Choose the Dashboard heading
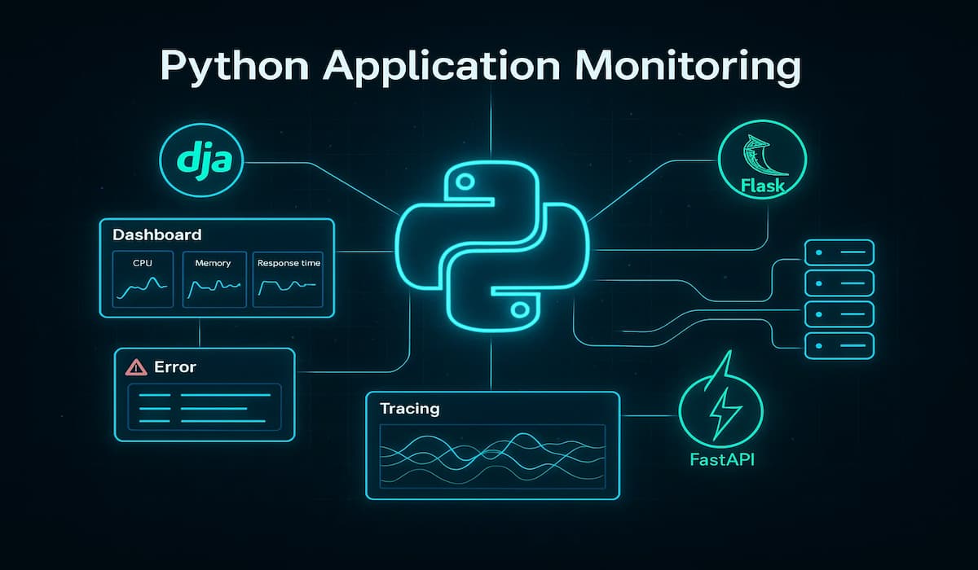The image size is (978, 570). tap(157, 235)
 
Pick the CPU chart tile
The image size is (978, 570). tap(142, 278)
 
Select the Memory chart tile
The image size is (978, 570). tap(213, 278)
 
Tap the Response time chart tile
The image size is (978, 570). tap(289, 278)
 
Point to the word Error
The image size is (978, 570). tap(175, 367)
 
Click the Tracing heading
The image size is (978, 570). tap(410, 408)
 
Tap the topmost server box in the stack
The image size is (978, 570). tap(839, 252)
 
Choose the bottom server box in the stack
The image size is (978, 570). tap(839, 345)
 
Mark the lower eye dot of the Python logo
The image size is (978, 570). tap(519, 309)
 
